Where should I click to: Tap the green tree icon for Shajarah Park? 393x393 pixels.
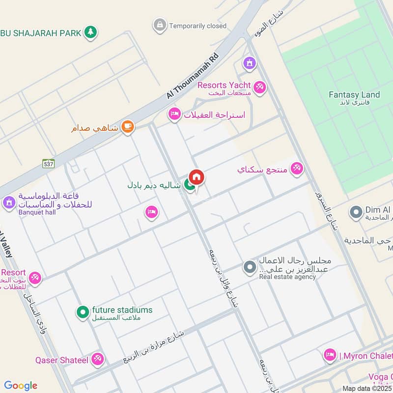coord(90,32)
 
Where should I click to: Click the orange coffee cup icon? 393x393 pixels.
coord(128,127)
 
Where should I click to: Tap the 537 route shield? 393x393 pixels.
coord(48,163)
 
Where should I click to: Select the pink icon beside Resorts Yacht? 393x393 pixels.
coord(259,87)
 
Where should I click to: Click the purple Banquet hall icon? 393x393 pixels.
coord(8,202)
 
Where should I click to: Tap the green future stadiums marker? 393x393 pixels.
coord(83,311)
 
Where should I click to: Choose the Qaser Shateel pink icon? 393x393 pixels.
coord(98,360)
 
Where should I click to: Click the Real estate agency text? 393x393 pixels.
coord(287,277)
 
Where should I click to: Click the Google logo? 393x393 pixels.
coord(21,386)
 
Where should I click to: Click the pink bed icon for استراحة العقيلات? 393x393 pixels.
coord(174,115)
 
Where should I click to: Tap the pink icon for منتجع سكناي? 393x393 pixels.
coord(296,169)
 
